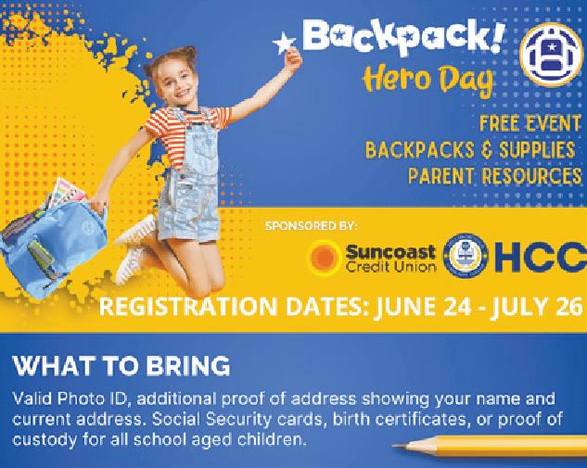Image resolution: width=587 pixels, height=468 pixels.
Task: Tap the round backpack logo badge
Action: point(552,55)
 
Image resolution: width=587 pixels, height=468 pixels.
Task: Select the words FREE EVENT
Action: point(530,123)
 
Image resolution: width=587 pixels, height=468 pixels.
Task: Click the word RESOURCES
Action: point(531,176)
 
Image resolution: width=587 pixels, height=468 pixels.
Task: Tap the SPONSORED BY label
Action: point(311,226)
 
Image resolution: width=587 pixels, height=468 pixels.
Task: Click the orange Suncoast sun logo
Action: point(324,258)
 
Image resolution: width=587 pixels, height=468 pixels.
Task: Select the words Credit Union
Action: point(390,267)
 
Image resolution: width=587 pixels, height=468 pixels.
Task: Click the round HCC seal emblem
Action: point(466,256)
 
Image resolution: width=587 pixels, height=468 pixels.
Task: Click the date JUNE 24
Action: point(423,307)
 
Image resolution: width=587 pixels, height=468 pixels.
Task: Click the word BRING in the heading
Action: point(188,365)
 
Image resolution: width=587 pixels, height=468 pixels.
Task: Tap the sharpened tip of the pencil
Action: point(393,446)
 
